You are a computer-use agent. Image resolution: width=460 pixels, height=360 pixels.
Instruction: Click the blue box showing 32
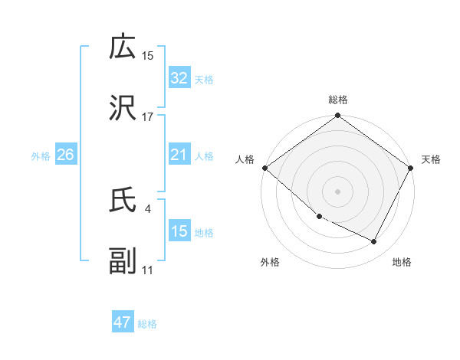click(179, 78)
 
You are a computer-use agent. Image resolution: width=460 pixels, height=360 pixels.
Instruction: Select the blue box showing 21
click(179, 155)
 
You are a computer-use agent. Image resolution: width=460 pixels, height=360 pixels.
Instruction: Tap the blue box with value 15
click(179, 231)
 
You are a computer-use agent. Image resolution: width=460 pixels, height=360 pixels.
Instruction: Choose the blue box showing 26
click(65, 155)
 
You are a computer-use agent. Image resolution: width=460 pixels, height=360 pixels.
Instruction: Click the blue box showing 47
click(122, 322)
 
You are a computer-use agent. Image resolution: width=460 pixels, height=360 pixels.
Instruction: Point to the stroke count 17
click(147, 117)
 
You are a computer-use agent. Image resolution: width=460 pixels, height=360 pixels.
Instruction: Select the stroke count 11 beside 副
click(147, 270)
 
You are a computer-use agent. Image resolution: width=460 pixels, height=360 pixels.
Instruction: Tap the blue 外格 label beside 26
click(41, 155)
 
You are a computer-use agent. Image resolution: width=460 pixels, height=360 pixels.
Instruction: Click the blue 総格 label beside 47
click(147, 323)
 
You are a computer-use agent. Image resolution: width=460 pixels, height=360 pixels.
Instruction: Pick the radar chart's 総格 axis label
click(337, 100)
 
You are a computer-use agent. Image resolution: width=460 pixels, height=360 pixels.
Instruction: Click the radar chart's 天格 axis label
click(431, 159)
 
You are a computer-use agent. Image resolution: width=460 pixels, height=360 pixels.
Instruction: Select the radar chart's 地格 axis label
click(402, 262)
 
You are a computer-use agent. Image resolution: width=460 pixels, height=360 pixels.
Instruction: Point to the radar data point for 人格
click(264, 168)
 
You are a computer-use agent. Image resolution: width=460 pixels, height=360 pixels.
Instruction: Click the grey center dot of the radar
click(337, 191)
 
